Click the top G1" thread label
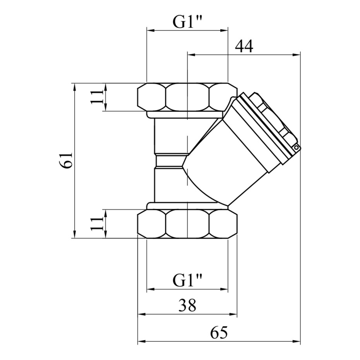click(x=187, y=22)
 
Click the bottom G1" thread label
click(x=187, y=281)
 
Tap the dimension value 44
click(x=244, y=46)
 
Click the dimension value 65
click(x=219, y=333)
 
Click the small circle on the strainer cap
click(x=297, y=147)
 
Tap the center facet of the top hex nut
click(x=187, y=97)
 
